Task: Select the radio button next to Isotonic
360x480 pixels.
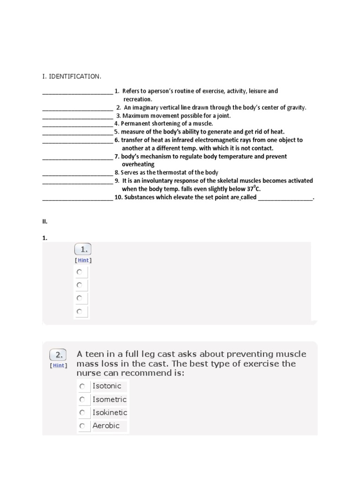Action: pyautogui.click(x=82, y=386)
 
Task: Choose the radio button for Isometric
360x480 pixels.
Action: pyautogui.click(x=82, y=399)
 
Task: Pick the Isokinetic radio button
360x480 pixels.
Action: pyautogui.click(x=82, y=412)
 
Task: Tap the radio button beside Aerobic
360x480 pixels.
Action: pyautogui.click(x=82, y=426)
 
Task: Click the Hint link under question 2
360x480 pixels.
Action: pyautogui.click(x=59, y=366)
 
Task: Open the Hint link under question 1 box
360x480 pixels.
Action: pyautogui.click(x=83, y=260)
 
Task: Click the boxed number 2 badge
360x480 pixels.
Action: pyautogui.click(x=58, y=354)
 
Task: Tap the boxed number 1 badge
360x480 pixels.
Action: pyautogui.click(x=83, y=249)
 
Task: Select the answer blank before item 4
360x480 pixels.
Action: pyautogui.click(x=78, y=124)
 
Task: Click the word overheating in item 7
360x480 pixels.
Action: pyautogui.click(x=138, y=165)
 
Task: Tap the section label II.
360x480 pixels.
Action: pyautogui.click(x=45, y=221)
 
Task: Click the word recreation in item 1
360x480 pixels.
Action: pyautogui.click(x=137, y=99)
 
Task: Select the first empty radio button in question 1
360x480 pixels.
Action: pyautogui.click(x=79, y=272)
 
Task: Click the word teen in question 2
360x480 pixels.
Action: pyautogui.click(x=95, y=354)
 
